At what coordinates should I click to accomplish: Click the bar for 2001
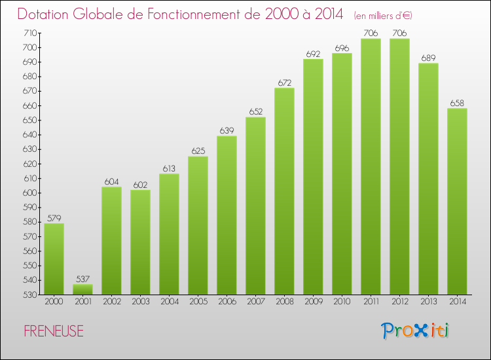tap(82, 289)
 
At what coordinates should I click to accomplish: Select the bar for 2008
tap(284, 191)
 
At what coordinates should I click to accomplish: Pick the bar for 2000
tap(54, 259)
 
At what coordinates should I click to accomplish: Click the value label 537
tap(82, 279)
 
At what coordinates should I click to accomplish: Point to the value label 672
tap(284, 82)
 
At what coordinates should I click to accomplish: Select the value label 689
tap(428, 58)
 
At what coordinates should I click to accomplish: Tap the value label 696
tap(342, 48)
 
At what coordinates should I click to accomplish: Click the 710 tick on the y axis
tap(30, 33)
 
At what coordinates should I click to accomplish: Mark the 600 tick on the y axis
tap(30, 193)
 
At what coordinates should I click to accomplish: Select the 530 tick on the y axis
tap(30, 295)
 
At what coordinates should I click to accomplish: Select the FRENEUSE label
tap(53, 331)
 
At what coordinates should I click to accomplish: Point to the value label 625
tap(198, 151)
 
